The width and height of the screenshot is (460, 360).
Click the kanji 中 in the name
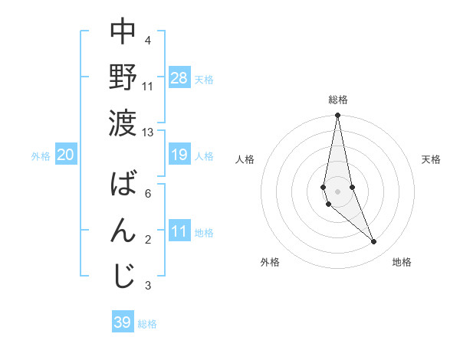123,32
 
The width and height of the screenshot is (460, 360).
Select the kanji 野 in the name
123,77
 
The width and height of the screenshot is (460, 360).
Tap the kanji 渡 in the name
123,121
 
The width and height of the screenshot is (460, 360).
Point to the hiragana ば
123,185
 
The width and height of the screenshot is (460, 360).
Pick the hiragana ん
123,230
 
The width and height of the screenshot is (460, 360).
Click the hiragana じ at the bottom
123,276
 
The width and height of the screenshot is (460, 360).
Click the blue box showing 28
179,78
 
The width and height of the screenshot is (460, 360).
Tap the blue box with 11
179,231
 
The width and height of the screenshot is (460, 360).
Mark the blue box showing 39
123,322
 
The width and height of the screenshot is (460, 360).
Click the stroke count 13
147,132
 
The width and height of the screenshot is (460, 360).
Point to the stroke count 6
148,193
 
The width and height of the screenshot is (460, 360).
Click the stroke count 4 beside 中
148,40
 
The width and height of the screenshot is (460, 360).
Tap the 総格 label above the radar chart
338,100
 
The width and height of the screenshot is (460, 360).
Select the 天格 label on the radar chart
432,159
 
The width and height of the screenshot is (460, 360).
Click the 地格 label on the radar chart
402,262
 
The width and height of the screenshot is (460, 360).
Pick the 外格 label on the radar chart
270,262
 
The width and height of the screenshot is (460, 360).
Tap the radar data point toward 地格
374,242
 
